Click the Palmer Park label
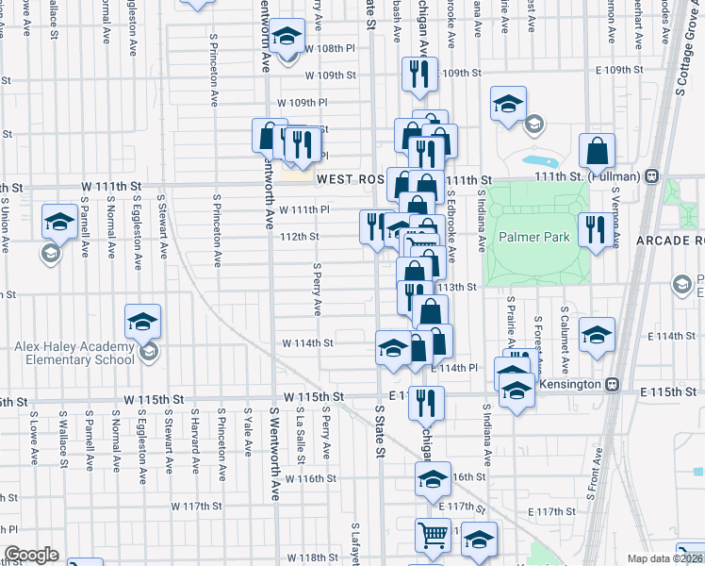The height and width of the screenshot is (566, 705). pyautogui.click(x=534, y=237)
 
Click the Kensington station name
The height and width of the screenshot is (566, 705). pyautogui.click(x=573, y=385)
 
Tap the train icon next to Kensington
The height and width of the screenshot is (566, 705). pyautogui.click(x=613, y=385)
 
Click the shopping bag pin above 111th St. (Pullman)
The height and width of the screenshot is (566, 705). pyautogui.click(x=597, y=151)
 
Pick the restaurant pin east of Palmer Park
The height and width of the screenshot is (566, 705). pyautogui.click(x=595, y=229)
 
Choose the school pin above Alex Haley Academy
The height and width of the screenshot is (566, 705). pyautogui.click(x=142, y=323)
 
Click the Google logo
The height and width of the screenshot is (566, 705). pyautogui.click(x=31, y=555)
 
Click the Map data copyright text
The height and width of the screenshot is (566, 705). pyautogui.click(x=664, y=558)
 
